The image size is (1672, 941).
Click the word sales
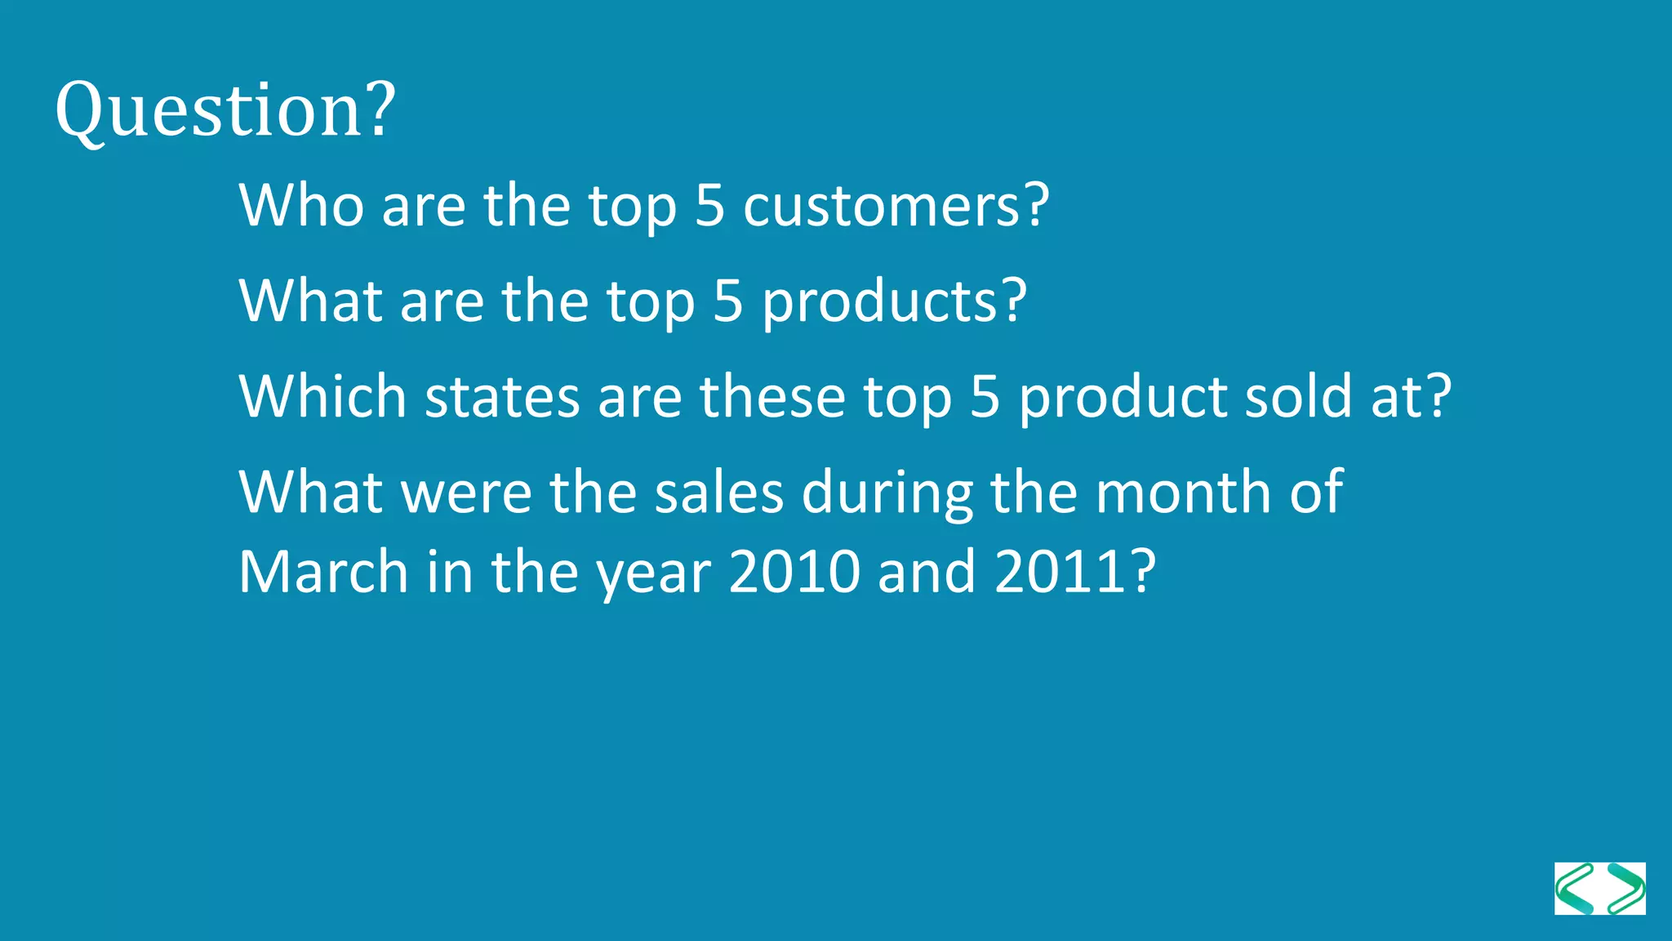[718, 493]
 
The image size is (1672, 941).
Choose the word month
[1183, 493]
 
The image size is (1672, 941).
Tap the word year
[653, 574]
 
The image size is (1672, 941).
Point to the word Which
[322, 397]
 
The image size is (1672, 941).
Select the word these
[772, 397]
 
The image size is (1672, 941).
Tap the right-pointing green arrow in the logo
[1625, 889]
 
